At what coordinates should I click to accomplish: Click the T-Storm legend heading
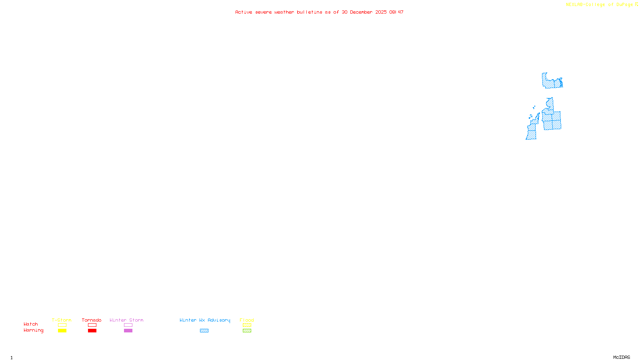[62, 320]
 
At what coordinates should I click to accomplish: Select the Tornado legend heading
[92, 320]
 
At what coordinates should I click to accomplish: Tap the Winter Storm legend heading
[126, 320]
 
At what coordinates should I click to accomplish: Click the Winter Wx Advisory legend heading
[205, 320]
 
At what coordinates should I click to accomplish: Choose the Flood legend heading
[247, 320]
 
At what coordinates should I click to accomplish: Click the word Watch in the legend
[31, 324]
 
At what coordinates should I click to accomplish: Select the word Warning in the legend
[33, 330]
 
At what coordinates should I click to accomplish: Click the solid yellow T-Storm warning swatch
[62, 331]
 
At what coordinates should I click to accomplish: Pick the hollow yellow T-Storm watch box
[62, 325]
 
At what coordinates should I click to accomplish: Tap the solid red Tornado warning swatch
[92, 331]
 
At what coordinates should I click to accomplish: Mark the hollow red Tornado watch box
[92, 325]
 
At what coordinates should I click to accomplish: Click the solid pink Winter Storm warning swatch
[128, 331]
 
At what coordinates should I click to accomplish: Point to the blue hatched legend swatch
[204, 331]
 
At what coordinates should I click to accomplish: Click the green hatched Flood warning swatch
[247, 331]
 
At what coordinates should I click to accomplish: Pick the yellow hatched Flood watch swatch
[247, 325]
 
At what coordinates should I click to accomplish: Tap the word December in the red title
[361, 12]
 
